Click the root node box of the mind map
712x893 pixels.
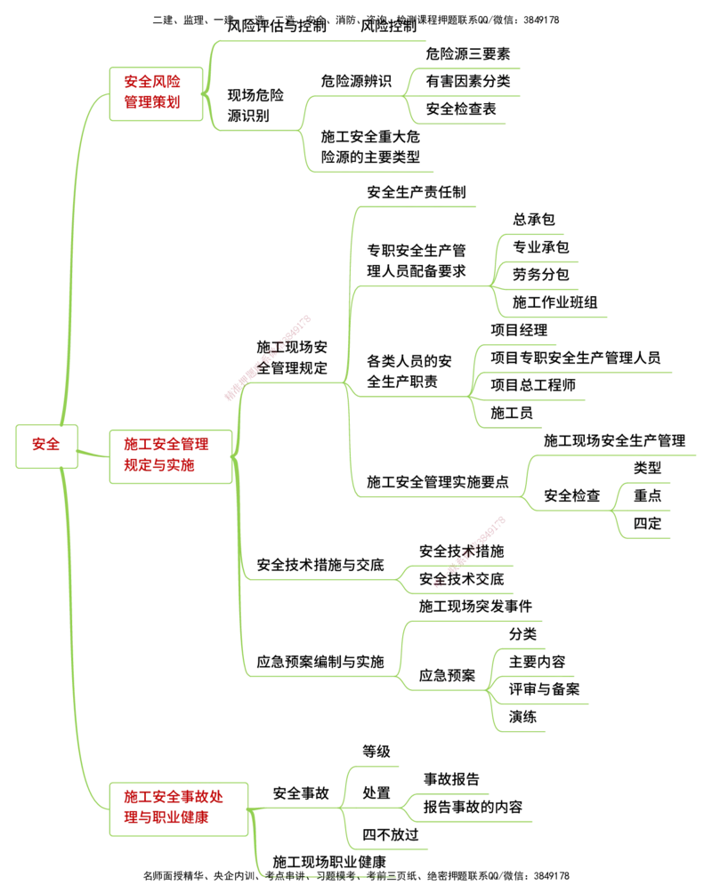coord(47,445)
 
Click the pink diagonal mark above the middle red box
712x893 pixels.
coord(268,358)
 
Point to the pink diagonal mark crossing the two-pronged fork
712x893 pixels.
coord(469,551)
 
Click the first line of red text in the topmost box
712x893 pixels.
coord(152,84)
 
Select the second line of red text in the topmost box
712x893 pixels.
coord(152,103)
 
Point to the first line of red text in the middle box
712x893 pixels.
coord(167,445)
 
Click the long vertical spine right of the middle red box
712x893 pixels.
coord(239,534)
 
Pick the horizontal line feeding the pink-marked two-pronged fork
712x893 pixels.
coord(320,580)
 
